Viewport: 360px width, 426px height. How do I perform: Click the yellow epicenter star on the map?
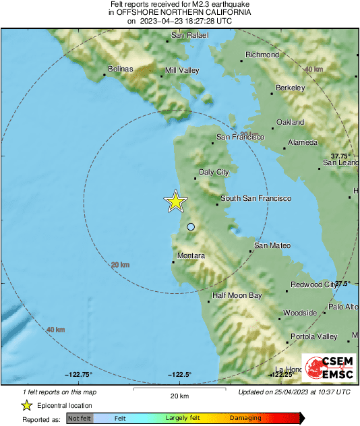point(176,202)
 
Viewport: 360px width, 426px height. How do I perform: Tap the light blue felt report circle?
point(191,227)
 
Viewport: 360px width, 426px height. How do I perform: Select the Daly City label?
point(214,173)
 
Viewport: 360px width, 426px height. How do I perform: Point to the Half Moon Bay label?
point(237,295)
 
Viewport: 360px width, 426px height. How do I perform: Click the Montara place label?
point(190,256)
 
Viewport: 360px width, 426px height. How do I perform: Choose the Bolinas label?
point(121,69)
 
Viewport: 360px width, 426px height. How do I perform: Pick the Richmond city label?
point(262,55)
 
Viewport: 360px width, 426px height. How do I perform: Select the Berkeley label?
point(291,88)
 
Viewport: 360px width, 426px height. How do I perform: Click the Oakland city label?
point(290,123)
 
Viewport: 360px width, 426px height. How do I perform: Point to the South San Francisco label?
point(256,199)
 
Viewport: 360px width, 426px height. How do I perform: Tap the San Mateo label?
point(272,246)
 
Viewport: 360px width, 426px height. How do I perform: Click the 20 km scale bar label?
point(179,395)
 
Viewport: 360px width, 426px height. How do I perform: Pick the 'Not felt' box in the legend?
point(80,419)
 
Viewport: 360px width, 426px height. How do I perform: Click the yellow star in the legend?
point(27,405)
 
